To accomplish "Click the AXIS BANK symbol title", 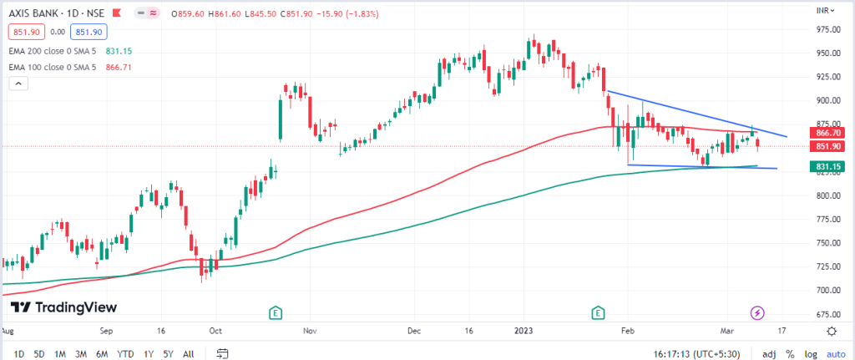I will tap(38, 13).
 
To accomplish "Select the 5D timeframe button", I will tap(39, 353).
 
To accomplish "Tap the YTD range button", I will tap(125, 353).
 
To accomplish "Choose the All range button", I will tap(190, 353).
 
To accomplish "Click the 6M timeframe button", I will tap(103, 353).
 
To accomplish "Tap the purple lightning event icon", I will tap(757, 312).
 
